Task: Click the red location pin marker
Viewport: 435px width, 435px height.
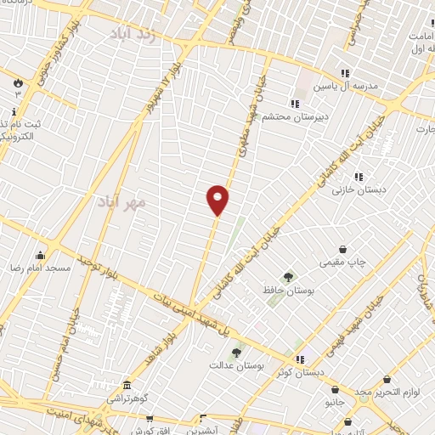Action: pos(217,199)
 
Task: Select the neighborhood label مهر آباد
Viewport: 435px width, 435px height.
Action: pos(121,202)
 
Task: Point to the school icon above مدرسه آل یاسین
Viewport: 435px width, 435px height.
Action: pos(345,73)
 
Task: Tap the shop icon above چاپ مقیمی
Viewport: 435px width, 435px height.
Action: pos(342,250)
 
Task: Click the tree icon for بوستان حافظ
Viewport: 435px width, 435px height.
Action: pos(288,277)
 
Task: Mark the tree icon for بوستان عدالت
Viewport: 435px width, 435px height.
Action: pos(236,353)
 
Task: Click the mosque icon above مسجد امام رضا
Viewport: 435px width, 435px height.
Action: pos(40,255)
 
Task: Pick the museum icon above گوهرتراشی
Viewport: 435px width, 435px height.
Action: pos(127,386)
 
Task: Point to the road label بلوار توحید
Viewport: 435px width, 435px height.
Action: pos(96,266)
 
